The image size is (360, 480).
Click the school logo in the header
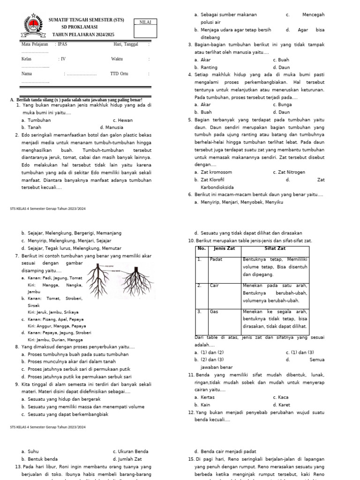pyautogui.click(x=32, y=27)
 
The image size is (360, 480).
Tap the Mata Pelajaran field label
pyautogui.click(x=35, y=44)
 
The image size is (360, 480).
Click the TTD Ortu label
pyautogui.click(x=119, y=74)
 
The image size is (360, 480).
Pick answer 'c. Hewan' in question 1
pyautogui.click(x=123, y=120)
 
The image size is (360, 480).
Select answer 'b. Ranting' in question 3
pyautogui.click(x=206, y=67)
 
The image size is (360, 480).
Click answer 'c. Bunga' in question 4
pyautogui.click(x=283, y=105)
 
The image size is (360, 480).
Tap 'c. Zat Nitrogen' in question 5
pyautogui.click(x=289, y=172)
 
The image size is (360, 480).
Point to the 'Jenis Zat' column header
pyautogui.click(x=224, y=248)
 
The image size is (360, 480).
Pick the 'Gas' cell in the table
pyautogui.click(x=214, y=311)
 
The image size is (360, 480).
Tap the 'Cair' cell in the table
pyautogui.click(x=215, y=285)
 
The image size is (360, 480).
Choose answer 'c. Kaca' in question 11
pyautogui.click(x=281, y=397)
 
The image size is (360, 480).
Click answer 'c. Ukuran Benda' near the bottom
pyautogui.click(x=131, y=451)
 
